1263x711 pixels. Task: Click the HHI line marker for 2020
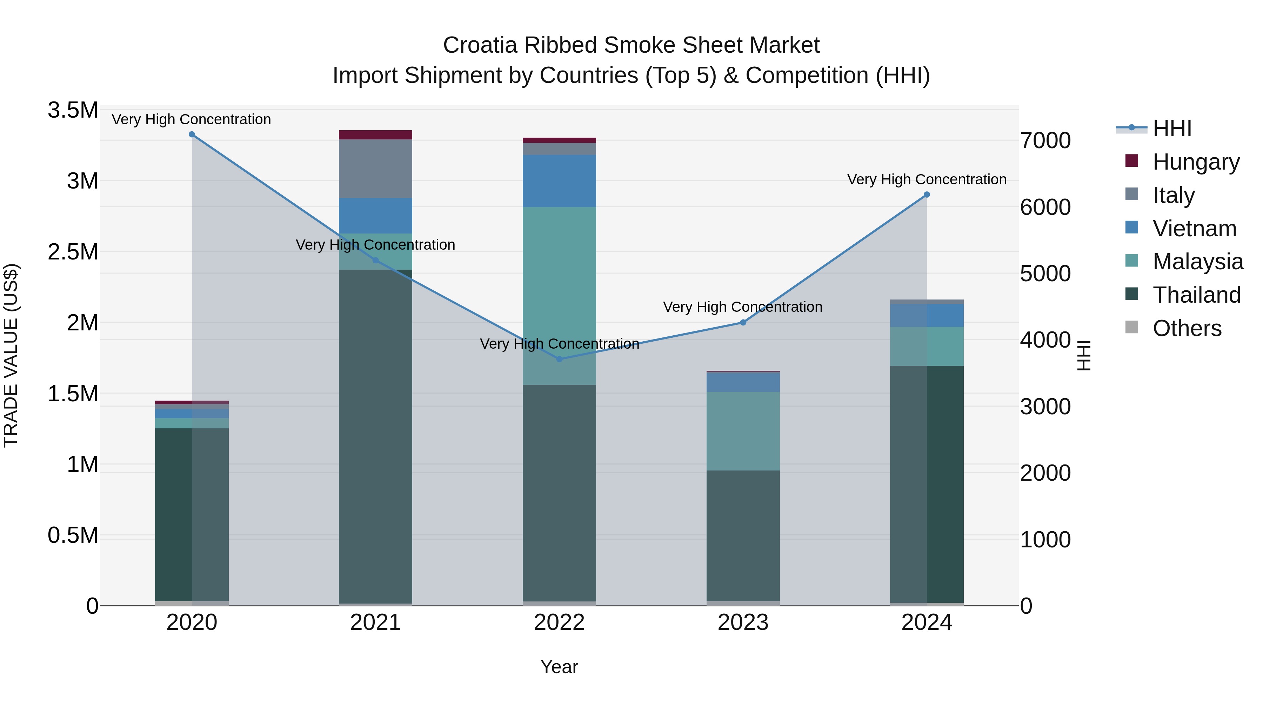192,134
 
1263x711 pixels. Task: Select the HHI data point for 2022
560,359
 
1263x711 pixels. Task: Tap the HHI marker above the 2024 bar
927,195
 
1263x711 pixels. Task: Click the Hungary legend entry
1196,162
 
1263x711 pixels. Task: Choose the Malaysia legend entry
1198,262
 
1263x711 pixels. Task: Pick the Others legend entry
1187,328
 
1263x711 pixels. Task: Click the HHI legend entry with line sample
1171,129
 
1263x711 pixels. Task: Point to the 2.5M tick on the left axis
73,252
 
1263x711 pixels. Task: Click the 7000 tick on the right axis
1045,141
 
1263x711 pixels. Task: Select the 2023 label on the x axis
743,623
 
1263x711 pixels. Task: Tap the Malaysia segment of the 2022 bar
560,295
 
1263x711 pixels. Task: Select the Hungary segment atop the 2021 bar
375,135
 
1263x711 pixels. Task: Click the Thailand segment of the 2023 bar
743,535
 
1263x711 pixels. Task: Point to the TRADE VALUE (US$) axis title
11,355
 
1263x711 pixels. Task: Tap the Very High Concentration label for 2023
742,307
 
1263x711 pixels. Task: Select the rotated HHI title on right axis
1084,355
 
